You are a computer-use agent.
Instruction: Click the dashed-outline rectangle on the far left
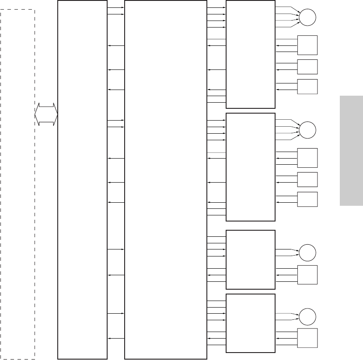coord(18,183)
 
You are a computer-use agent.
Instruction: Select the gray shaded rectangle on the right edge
coord(350,150)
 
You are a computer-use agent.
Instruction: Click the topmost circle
coord(307,18)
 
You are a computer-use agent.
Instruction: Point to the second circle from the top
coord(307,130)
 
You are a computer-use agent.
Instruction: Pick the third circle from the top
coord(307,253)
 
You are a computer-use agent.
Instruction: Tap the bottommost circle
coord(307,316)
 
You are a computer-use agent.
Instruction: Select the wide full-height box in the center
coord(165,179)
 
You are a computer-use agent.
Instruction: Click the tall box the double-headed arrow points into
coord(83,179)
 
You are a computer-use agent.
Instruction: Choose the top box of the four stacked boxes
coord(251,54)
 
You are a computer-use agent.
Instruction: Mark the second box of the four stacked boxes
coord(251,167)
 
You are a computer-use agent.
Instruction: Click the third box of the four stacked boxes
coord(251,260)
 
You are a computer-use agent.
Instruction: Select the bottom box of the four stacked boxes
coord(251,323)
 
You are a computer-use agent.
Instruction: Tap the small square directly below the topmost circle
coord(307,45)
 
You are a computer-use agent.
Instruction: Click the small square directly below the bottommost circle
coord(307,338)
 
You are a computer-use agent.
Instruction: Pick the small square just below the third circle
coord(307,275)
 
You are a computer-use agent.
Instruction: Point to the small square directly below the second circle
coord(307,158)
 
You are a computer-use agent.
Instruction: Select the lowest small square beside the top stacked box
coord(307,87)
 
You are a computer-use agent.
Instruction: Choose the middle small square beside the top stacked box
coord(307,66)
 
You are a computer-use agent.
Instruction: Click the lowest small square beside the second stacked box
coord(307,199)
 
